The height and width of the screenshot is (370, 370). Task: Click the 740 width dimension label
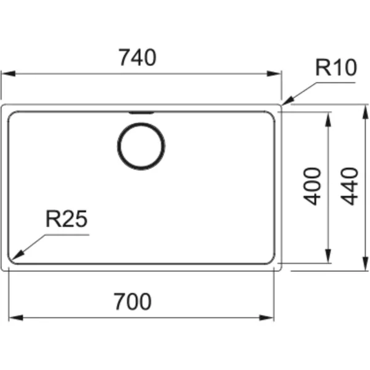137,57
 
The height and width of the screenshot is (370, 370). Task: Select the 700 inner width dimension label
133,302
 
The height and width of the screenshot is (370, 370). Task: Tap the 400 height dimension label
312,186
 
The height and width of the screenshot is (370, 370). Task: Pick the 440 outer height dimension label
350,186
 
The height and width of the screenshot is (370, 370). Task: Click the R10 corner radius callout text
336,67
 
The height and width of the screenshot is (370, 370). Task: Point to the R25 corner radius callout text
67,219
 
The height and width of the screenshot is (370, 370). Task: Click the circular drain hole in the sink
141,146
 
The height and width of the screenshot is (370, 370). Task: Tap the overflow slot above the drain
141,113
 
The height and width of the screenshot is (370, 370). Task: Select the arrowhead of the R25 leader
18,255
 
